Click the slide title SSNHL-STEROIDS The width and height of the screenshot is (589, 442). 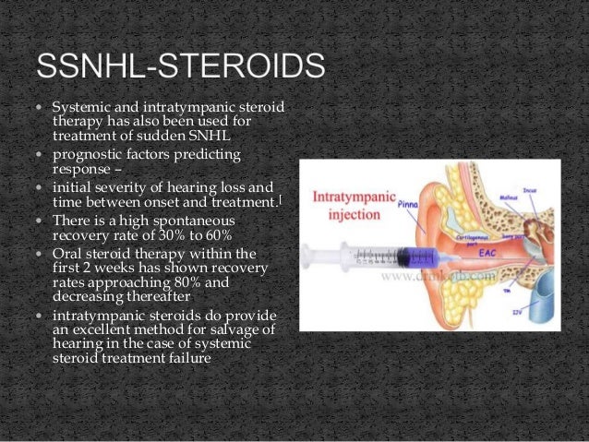(180, 67)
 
